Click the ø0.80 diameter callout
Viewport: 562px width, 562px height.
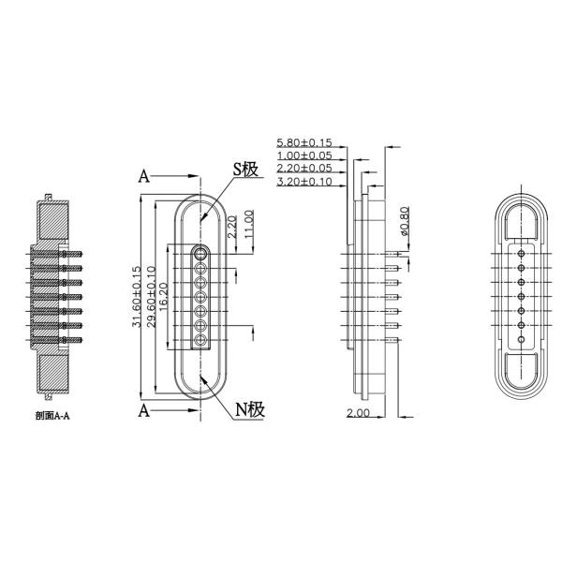(x=404, y=222)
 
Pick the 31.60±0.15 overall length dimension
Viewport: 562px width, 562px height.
(x=137, y=296)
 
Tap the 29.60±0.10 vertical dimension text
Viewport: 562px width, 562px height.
(x=150, y=296)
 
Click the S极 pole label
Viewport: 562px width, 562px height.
(x=245, y=170)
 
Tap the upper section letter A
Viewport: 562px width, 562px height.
(x=144, y=175)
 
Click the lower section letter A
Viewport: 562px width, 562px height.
(x=144, y=410)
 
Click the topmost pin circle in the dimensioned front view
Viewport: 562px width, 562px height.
(x=200, y=252)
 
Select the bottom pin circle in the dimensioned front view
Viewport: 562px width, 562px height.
(x=200, y=342)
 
